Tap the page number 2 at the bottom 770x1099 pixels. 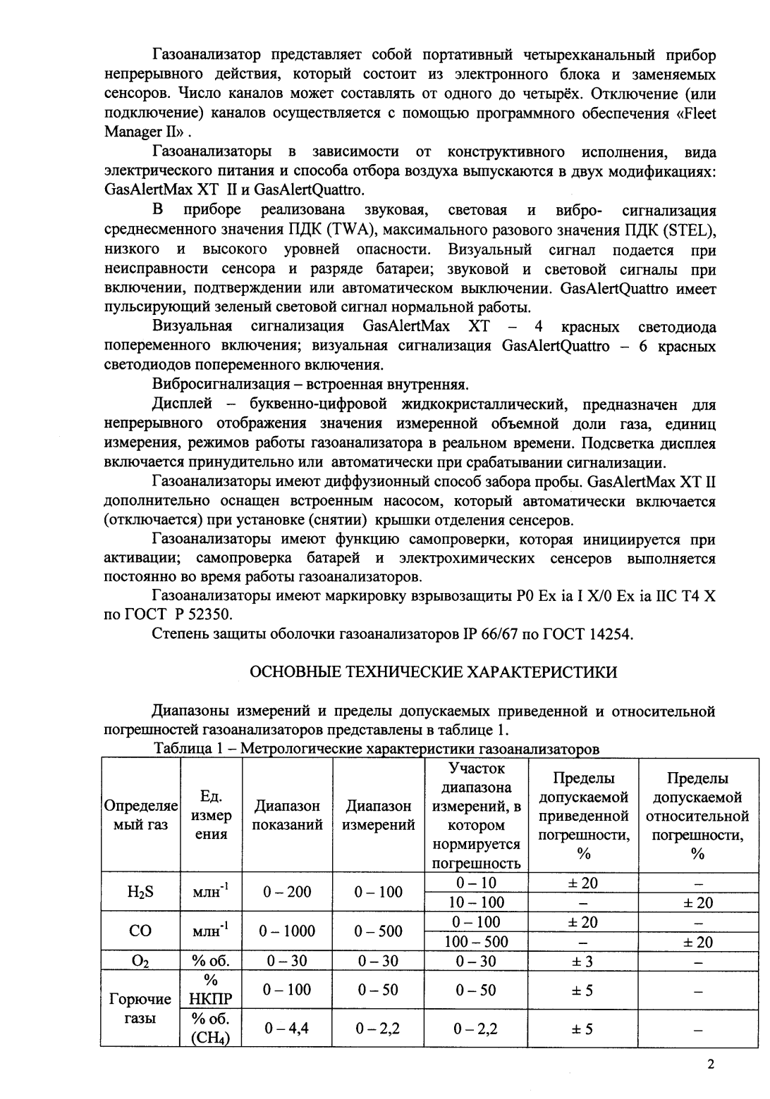click(711, 1064)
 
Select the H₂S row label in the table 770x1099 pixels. click(140, 892)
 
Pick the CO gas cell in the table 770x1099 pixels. click(140, 931)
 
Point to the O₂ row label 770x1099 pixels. click(140, 961)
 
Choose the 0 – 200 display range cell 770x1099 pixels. click(287, 892)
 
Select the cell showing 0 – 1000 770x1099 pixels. click(287, 931)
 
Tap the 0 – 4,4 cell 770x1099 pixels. click(287, 1029)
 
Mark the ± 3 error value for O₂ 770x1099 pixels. click(582, 961)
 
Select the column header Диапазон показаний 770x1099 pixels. click(287, 815)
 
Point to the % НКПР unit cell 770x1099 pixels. click(211, 990)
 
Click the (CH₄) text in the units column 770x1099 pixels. click(211, 1038)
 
